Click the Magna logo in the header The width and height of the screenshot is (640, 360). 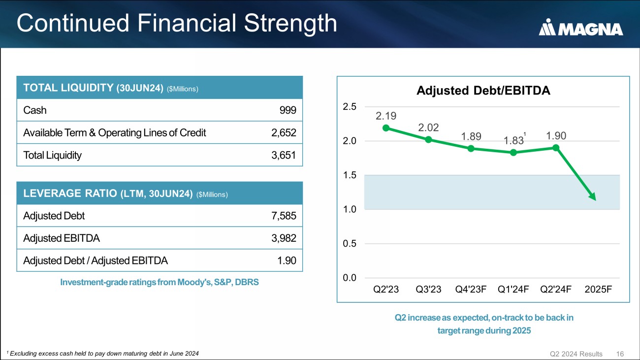point(581,28)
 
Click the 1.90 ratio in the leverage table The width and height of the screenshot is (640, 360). point(286,261)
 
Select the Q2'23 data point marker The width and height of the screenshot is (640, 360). point(386,128)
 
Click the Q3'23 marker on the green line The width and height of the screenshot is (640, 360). point(428,139)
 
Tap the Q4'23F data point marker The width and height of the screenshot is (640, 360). point(471,148)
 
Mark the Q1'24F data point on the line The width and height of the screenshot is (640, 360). point(513,153)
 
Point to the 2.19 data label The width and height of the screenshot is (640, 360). point(386,116)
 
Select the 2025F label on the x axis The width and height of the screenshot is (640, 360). point(598,289)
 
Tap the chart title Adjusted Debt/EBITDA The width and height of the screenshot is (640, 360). point(483,91)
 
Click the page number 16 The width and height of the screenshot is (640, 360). point(620,354)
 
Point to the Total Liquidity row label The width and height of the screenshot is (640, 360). point(52,155)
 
